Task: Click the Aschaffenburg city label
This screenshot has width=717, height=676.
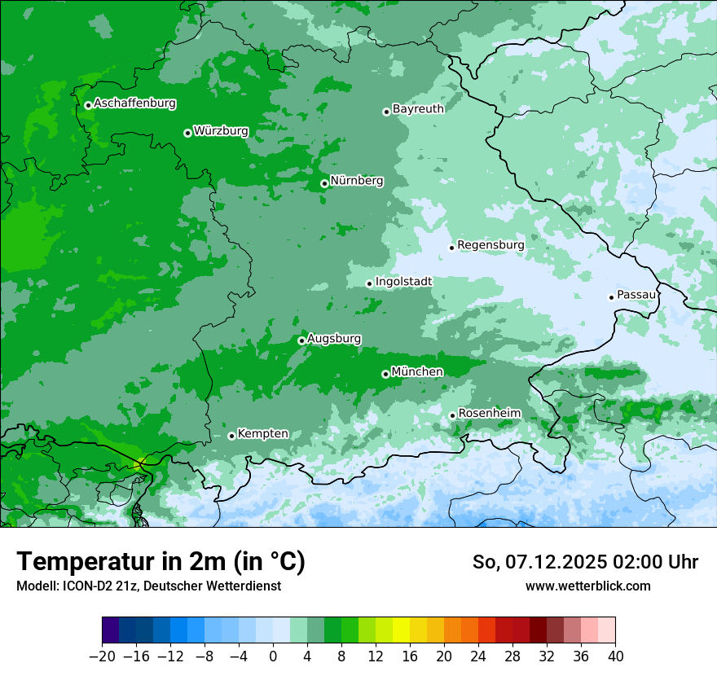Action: coord(134,103)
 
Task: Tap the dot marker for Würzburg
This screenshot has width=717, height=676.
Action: coord(187,133)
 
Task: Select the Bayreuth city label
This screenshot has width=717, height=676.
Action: coord(418,108)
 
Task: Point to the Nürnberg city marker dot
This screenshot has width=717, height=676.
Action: coord(324,183)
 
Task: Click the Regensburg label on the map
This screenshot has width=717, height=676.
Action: coord(490,244)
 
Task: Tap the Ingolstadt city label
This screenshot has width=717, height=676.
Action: coord(403,281)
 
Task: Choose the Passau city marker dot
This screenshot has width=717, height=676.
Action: coord(611,297)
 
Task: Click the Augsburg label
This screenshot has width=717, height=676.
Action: coord(334,338)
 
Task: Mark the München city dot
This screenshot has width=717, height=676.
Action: coord(385,374)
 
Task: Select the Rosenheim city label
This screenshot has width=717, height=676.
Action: coord(489,413)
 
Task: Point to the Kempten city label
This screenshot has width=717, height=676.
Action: coord(262,433)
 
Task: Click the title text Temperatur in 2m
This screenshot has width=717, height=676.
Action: coord(161,561)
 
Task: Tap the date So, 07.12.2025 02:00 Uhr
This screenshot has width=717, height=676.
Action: coord(585,562)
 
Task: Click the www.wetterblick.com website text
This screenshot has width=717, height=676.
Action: coord(587,586)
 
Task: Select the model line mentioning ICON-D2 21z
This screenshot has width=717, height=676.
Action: coord(148,586)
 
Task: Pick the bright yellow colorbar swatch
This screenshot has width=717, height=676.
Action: coord(401,630)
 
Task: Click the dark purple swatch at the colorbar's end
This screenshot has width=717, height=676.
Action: coord(111,630)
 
